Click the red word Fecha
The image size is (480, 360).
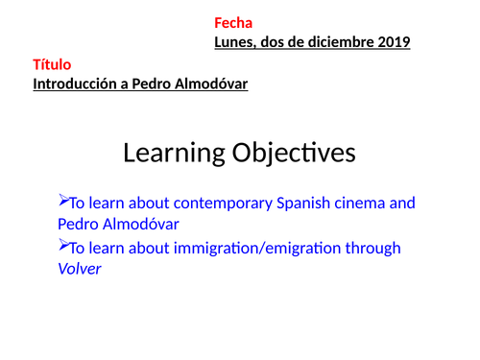[x=233, y=23]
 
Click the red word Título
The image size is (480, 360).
[x=52, y=65]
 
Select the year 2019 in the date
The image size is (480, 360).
[x=394, y=42]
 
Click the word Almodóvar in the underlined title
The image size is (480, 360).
[x=211, y=84]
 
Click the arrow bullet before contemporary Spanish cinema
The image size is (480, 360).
[x=64, y=202]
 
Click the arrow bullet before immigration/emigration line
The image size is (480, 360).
[x=64, y=247]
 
